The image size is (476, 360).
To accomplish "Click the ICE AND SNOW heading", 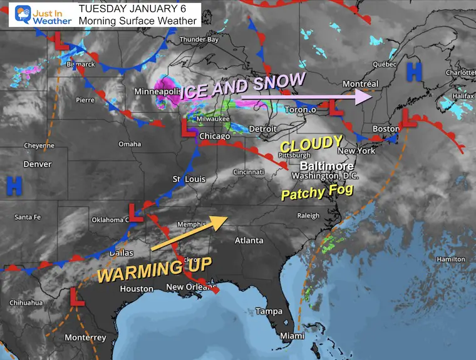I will click(243, 86).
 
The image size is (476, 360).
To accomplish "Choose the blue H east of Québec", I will click(413, 71).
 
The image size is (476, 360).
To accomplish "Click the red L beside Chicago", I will click(187, 128).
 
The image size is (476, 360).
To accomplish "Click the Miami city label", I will click(291, 336).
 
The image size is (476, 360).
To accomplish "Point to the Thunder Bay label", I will click(200, 40).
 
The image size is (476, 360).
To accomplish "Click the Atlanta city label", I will click(246, 240).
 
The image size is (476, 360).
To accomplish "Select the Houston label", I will click(137, 289).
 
